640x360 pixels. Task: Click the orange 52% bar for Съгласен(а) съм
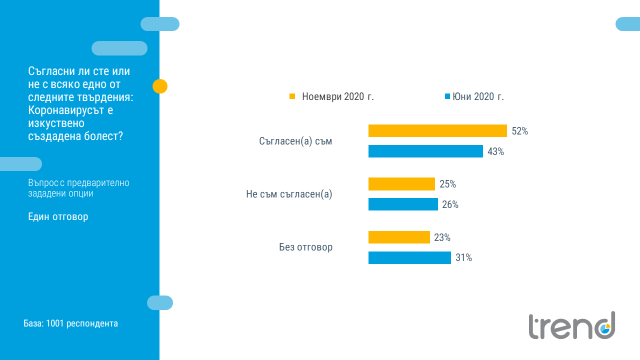[437, 131]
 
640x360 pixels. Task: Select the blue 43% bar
[425, 151]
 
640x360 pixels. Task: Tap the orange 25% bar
[401, 184]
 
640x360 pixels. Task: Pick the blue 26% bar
[403, 204]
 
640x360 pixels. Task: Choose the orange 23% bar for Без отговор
[399, 237]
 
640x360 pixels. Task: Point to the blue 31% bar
[409, 257]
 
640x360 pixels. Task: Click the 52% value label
[520, 131]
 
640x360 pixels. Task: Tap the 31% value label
[463, 258]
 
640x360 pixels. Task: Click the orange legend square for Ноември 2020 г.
[292, 96]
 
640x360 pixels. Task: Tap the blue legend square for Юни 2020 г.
[447, 96]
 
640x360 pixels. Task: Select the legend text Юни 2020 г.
[478, 97]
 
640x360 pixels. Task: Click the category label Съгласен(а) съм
[295, 141]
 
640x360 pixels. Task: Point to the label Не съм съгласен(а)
[289, 194]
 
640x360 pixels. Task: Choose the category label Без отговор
[305, 247]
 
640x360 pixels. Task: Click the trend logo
[571, 325]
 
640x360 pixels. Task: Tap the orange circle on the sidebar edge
[160, 86]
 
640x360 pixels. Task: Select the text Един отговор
[58, 217]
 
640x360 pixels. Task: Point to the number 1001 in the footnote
[55, 323]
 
